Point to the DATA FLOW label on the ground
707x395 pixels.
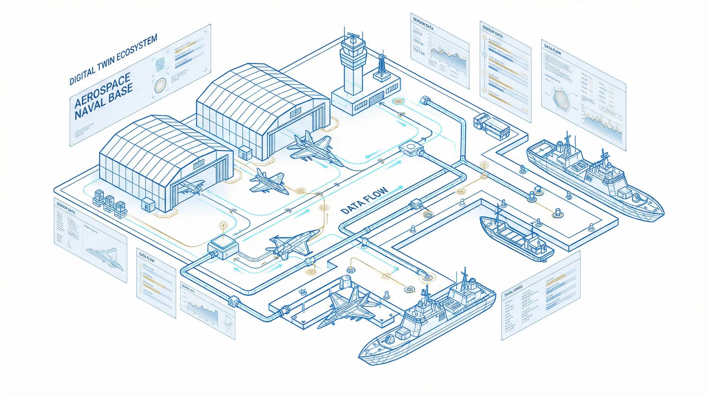[364, 201]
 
